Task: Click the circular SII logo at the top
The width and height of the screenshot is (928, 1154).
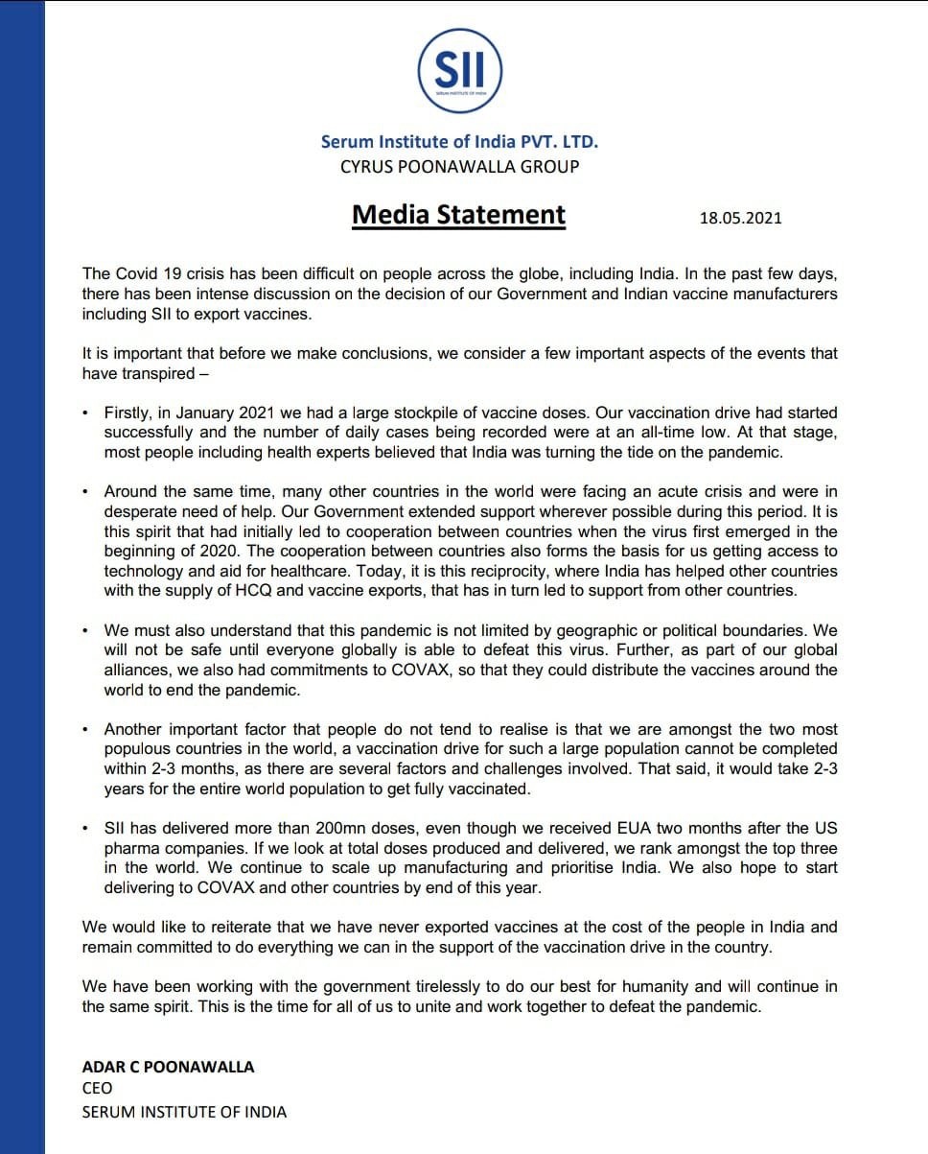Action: [459, 70]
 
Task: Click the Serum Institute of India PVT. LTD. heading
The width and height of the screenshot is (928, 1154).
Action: [459, 141]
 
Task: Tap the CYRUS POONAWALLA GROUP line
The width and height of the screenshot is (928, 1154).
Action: [459, 166]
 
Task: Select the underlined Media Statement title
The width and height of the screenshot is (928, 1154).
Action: [458, 214]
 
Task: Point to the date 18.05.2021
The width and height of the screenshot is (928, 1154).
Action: [740, 218]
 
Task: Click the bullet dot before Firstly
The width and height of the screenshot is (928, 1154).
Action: [84, 413]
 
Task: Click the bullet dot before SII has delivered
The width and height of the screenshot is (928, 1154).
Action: [84, 828]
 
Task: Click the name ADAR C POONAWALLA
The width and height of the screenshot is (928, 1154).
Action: [169, 1067]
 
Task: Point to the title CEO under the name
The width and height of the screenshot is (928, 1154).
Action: [97, 1088]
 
